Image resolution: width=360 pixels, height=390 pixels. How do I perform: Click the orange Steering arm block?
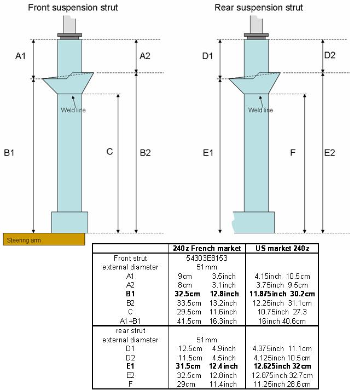click(44, 239)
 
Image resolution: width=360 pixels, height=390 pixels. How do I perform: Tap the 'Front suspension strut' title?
click(73, 8)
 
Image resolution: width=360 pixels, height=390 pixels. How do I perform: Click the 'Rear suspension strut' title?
click(259, 8)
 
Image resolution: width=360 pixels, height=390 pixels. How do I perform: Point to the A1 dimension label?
click(20, 56)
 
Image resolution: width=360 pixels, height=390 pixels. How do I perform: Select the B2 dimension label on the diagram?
click(146, 152)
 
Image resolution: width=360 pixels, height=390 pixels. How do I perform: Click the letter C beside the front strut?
click(109, 152)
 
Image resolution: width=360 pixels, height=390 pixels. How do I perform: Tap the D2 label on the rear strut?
click(330, 55)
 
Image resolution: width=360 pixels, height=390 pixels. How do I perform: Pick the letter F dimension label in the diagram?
click(293, 152)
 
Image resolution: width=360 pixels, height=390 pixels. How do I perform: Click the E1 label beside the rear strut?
click(208, 152)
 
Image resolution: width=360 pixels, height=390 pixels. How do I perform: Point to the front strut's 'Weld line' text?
click(73, 110)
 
